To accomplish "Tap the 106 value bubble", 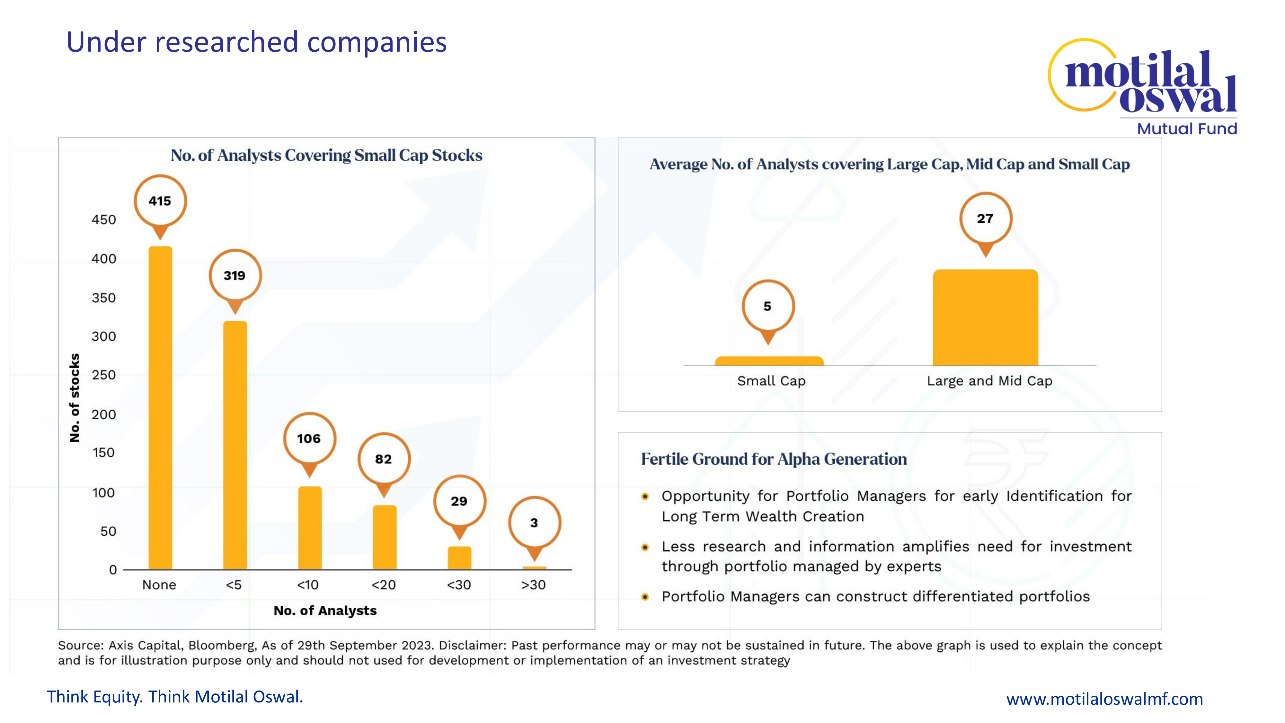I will tap(309, 439).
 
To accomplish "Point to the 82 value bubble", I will tap(384, 459).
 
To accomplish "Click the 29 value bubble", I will tap(459, 501).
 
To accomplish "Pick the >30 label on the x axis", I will tap(533, 585).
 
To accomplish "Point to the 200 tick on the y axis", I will tap(104, 414).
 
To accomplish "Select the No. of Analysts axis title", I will tap(325, 611).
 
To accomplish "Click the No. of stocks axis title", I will tap(74, 398).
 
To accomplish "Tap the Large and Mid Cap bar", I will tap(985, 317).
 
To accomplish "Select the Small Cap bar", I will tap(769, 361).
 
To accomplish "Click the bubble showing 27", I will tap(985, 219).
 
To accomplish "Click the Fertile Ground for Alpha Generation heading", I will tap(774, 459).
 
